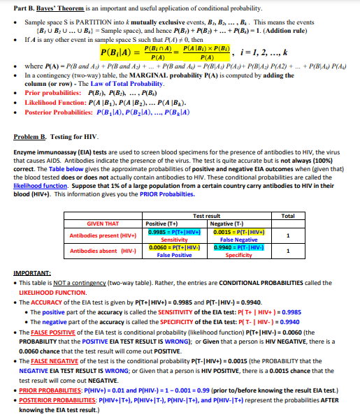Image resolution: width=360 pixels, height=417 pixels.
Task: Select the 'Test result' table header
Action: tap(206, 216)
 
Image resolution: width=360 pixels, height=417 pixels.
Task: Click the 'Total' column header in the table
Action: tap(287, 216)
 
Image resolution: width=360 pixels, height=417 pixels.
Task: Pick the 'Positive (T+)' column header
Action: tap(163, 224)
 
